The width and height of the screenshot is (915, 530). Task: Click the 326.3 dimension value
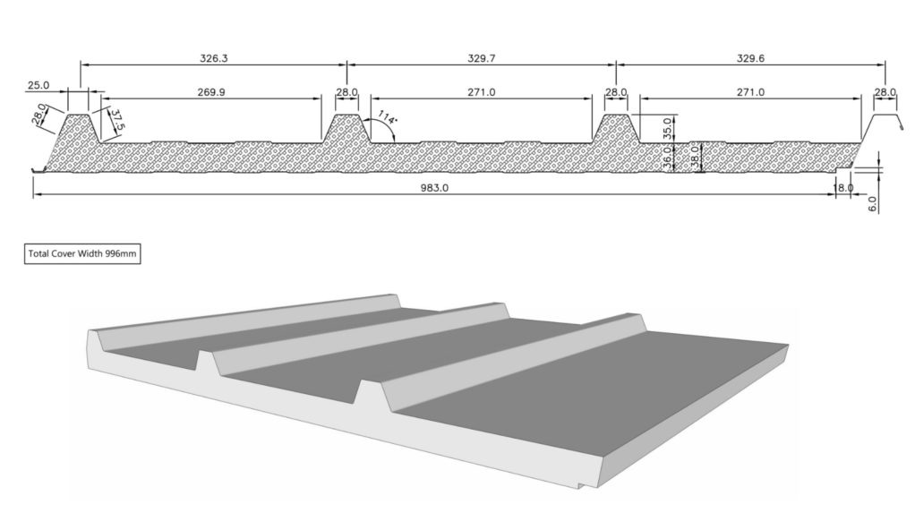click(x=213, y=57)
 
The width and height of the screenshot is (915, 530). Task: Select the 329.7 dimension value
click(x=482, y=57)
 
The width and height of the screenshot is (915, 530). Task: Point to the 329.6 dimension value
click(x=750, y=57)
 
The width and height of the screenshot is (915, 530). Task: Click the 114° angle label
click(x=386, y=118)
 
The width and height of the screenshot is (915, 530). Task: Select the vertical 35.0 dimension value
click(x=667, y=127)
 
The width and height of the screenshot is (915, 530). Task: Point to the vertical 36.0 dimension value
click(x=668, y=158)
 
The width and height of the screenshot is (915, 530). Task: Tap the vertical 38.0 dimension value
click(x=694, y=158)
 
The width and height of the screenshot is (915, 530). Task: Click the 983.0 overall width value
click(x=432, y=187)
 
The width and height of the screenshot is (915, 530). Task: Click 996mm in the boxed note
click(x=121, y=253)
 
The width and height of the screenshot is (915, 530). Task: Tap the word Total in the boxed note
click(x=39, y=253)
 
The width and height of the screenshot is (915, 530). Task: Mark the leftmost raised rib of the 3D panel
click(x=242, y=320)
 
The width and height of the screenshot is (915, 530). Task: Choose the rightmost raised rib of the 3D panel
click(x=510, y=358)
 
